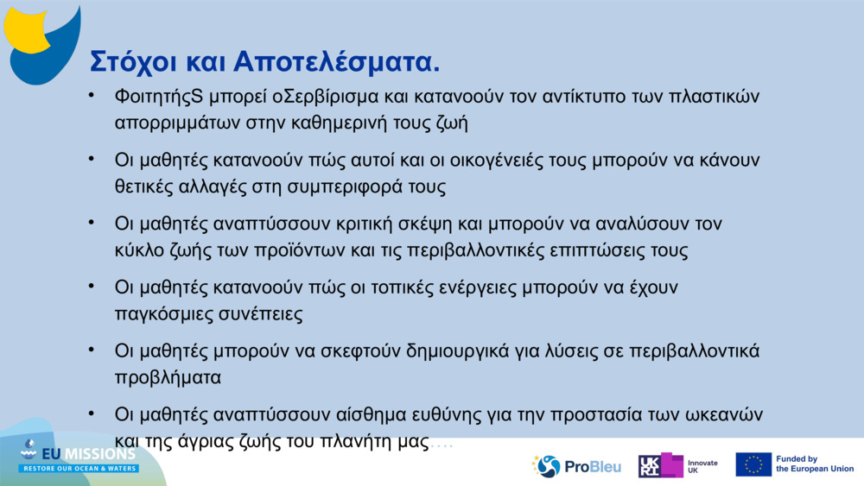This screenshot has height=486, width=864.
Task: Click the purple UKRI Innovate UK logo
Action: pyautogui.click(x=661, y=466)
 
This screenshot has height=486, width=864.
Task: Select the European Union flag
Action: pyautogui.click(x=753, y=464)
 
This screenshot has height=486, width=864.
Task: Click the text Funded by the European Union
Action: pyautogui.click(x=815, y=464)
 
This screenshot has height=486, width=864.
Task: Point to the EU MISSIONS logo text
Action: pyautogui.click(x=91, y=453)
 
